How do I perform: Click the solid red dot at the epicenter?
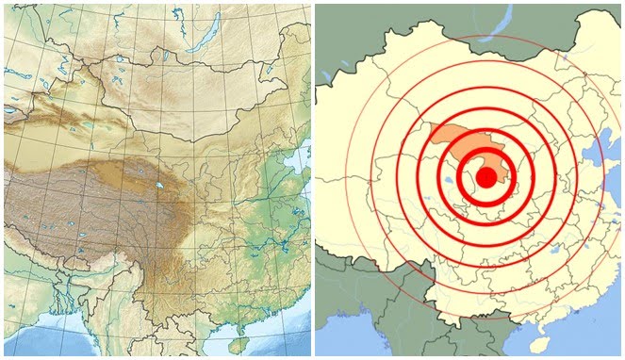point(485,177)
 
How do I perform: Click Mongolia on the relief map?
point(170,85)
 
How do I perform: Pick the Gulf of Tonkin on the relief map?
point(236,325)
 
